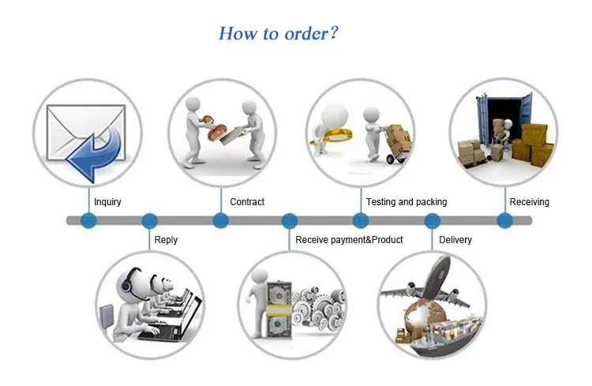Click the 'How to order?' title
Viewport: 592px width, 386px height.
[x=279, y=34]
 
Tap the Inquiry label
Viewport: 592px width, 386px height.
[x=107, y=202]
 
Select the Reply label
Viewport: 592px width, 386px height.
[x=166, y=240]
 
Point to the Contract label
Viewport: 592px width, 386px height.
[x=247, y=202]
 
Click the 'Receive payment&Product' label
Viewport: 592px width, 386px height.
[x=349, y=240]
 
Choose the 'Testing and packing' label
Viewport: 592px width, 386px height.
[x=407, y=202]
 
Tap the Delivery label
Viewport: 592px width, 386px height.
[x=455, y=240]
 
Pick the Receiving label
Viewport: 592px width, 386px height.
[x=529, y=202]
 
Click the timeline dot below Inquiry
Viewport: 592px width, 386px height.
[x=88, y=221]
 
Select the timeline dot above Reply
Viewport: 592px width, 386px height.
[x=148, y=221]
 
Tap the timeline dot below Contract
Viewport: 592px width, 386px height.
[x=221, y=221]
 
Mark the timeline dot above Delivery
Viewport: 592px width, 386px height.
[x=433, y=221]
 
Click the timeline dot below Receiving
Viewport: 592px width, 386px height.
[x=504, y=221]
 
